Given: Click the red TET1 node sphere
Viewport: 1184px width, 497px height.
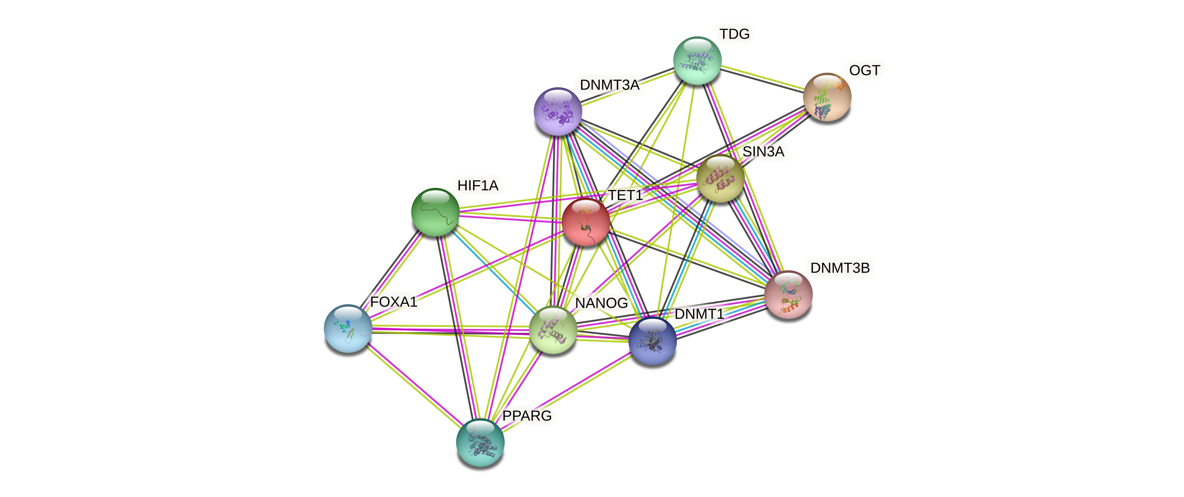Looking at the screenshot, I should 585,222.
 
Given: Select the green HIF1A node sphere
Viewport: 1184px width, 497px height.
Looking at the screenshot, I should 435,212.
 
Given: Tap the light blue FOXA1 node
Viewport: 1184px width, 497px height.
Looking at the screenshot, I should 348,329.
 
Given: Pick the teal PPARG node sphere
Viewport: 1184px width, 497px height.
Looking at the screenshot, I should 480,442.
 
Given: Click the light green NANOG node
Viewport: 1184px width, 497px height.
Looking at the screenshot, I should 553,329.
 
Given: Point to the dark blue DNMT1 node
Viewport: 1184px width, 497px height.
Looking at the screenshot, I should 652,340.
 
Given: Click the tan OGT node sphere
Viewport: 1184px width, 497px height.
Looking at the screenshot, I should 827,97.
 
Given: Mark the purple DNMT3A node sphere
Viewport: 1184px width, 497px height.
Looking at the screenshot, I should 558,111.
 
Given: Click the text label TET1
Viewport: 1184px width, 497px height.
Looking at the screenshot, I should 626,196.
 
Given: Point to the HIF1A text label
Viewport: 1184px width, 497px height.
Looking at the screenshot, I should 477,186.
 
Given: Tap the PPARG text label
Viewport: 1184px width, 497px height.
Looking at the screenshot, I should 527,416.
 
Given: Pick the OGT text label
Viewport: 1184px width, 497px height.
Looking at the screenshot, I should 864,71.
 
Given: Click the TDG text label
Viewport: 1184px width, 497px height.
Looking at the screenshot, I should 734,34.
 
